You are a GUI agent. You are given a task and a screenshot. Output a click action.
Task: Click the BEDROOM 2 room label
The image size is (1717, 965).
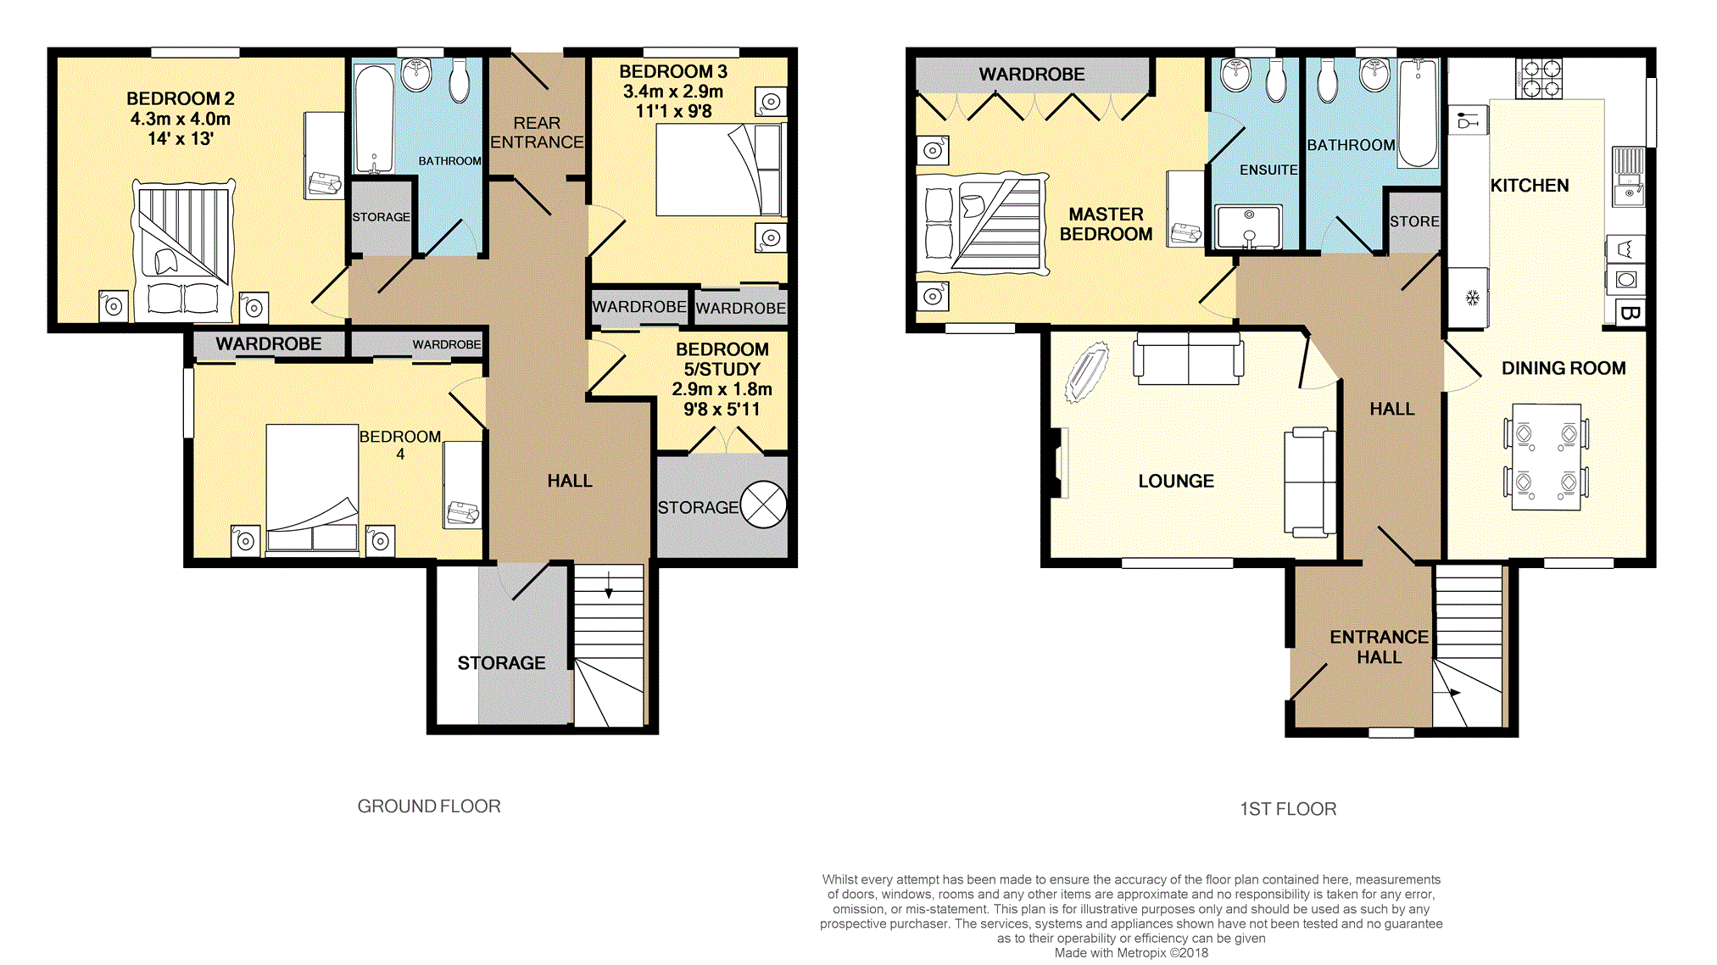click(x=181, y=98)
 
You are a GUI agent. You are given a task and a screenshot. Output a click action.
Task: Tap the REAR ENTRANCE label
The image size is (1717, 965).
click(x=537, y=132)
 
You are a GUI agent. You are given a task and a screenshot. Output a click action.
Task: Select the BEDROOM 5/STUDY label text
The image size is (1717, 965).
click(x=722, y=359)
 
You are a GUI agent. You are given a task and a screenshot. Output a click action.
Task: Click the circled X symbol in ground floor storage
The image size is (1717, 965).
click(x=763, y=505)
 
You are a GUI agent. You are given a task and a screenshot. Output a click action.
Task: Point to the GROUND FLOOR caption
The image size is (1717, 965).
click(x=429, y=806)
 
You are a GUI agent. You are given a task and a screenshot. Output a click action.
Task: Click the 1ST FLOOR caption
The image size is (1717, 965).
click(x=1288, y=809)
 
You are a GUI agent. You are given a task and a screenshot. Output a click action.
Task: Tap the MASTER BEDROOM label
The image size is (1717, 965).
click(x=1106, y=224)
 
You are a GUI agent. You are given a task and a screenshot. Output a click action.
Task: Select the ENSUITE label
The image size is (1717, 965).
click(x=1268, y=170)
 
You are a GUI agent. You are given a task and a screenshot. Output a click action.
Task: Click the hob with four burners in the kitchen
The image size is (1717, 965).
click(x=1538, y=79)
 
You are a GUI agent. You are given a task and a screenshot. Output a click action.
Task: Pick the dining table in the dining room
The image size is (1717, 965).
click(x=1547, y=457)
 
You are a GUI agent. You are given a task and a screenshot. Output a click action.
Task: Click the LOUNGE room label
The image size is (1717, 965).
click(x=1176, y=481)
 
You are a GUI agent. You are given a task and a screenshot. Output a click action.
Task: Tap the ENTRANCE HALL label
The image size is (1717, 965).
click(x=1379, y=647)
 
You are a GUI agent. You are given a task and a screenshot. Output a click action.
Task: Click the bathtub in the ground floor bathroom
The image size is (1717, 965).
click(x=373, y=120)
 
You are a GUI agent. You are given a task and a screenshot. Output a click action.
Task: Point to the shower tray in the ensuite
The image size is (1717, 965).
click(x=1248, y=227)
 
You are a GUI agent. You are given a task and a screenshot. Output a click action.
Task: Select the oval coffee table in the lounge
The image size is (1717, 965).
click(x=1086, y=371)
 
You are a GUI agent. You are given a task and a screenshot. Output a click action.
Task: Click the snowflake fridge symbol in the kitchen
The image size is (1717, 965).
click(x=1473, y=298)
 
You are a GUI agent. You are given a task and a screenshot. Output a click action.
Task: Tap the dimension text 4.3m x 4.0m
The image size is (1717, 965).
click(x=181, y=119)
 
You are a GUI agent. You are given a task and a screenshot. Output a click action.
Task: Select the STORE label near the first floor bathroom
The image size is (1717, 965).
click(x=1414, y=221)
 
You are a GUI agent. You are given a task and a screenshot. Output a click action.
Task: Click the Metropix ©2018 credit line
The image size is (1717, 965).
click(x=1131, y=953)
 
